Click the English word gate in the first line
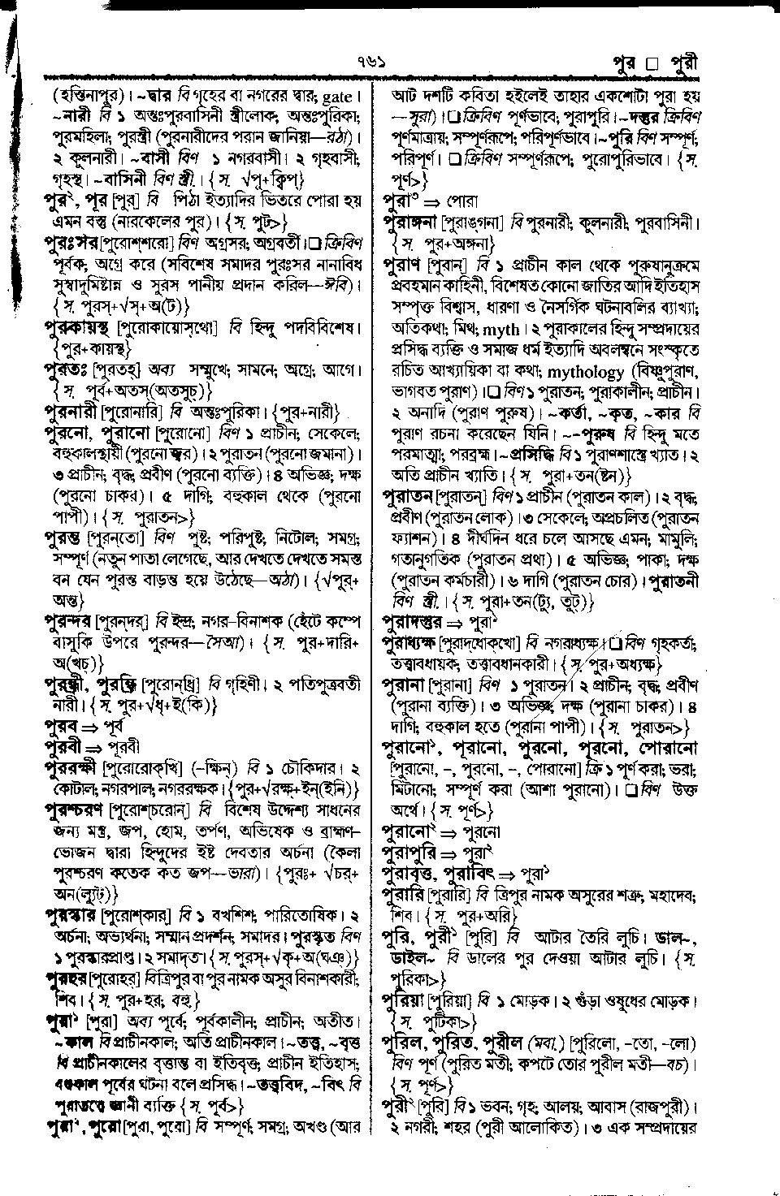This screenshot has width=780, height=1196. (x=337, y=97)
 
